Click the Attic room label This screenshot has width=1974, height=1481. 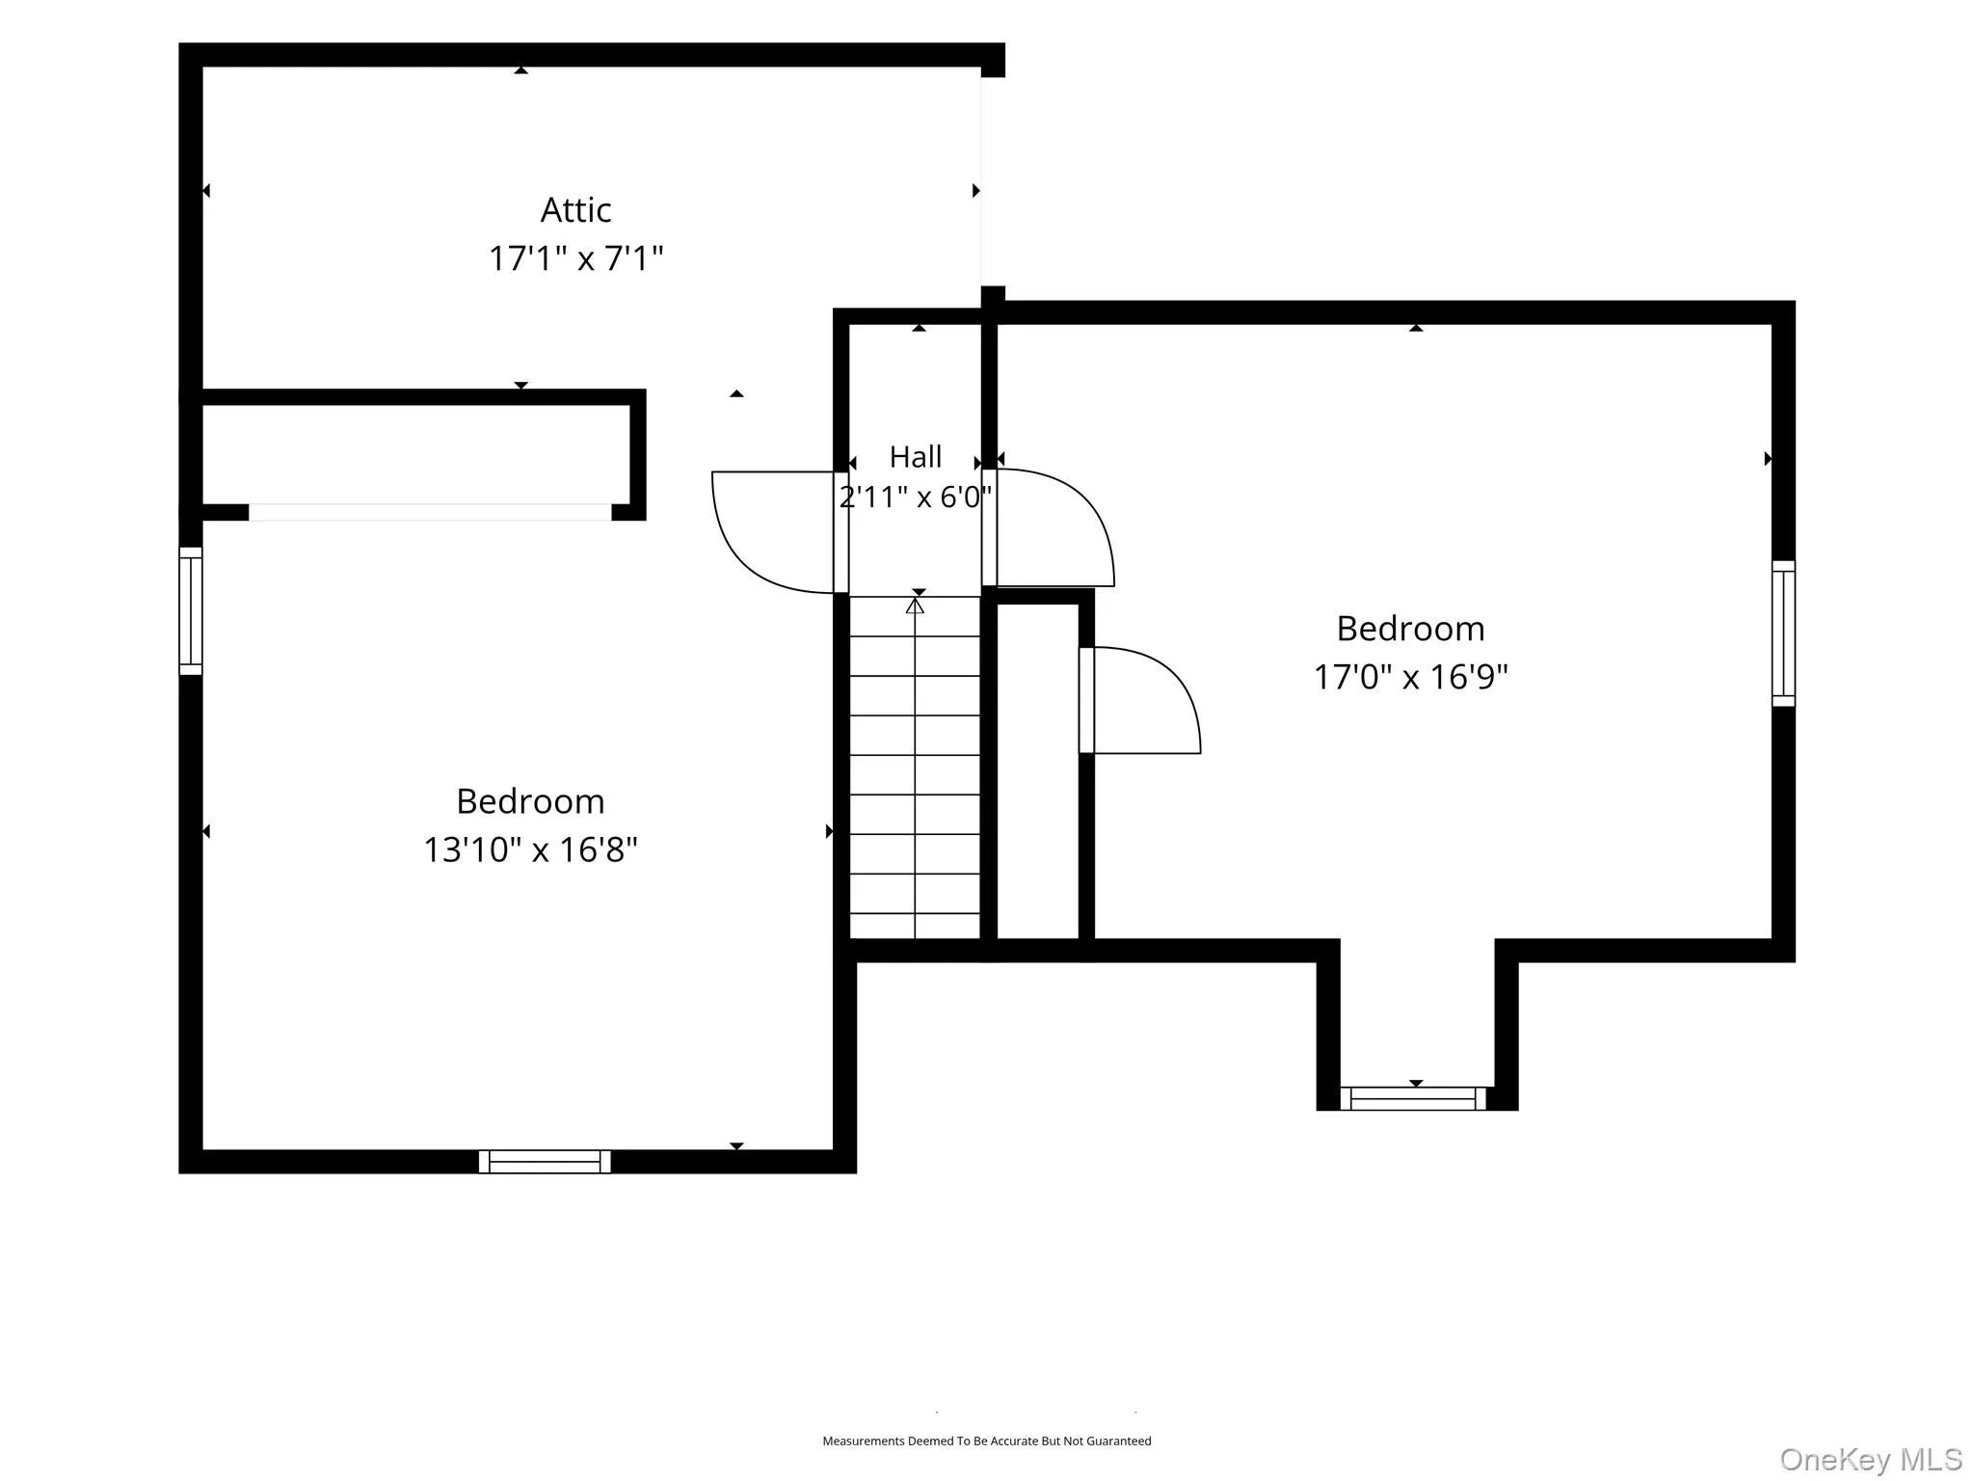[x=575, y=210]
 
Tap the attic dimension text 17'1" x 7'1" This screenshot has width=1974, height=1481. [x=575, y=258]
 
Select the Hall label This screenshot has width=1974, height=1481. [x=915, y=456]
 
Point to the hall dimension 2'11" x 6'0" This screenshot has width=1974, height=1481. [x=915, y=497]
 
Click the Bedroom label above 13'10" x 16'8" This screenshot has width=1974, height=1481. [x=530, y=801]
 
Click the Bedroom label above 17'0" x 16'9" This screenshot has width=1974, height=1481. [x=1410, y=629]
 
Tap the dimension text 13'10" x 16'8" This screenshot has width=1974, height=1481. [x=530, y=849]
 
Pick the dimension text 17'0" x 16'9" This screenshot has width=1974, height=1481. [x=1410, y=677]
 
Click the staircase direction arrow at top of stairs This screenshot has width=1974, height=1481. [x=915, y=606]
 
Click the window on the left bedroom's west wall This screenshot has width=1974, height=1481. [x=191, y=610]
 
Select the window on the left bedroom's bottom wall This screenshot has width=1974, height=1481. [x=545, y=1161]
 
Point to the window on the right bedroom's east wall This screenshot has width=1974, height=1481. [x=1783, y=633]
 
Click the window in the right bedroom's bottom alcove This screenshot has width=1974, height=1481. [x=1413, y=1098]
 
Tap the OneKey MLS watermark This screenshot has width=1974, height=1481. [x=1870, y=1459]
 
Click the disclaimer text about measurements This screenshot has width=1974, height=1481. [x=986, y=1441]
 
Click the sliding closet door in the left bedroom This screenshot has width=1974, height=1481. [x=430, y=512]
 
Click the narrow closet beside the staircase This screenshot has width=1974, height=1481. [x=1037, y=770]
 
